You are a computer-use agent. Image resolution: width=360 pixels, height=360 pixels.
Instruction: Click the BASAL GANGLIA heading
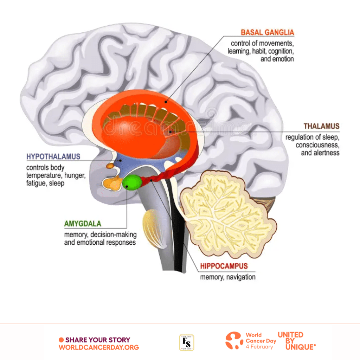pyautogui.click(x=267, y=33)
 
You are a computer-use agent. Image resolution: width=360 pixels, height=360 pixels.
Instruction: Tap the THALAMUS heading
pyautogui.click(x=321, y=126)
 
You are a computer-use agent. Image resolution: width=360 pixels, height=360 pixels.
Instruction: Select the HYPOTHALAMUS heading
pyautogui.click(x=53, y=156)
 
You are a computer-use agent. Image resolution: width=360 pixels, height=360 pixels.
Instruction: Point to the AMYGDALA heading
pyautogui.click(x=83, y=224)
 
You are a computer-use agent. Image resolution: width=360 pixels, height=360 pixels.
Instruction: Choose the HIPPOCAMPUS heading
pyautogui.click(x=224, y=266)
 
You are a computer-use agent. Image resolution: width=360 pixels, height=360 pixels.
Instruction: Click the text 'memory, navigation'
pyautogui.click(x=228, y=277)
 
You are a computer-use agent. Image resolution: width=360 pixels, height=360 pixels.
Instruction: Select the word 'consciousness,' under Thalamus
pyautogui.click(x=317, y=145)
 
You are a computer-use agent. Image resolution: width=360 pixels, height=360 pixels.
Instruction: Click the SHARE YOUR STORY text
pyautogui.click(x=97, y=340)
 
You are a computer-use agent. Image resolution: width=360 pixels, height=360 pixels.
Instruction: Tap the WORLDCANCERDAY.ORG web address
pyautogui.click(x=99, y=347)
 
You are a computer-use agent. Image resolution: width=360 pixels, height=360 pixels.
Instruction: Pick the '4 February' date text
pyautogui.click(x=259, y=347)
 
